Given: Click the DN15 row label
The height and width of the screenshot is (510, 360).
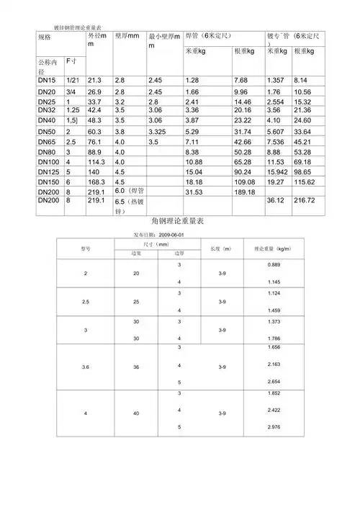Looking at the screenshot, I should pos(46,80).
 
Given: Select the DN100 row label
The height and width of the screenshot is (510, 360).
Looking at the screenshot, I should pos(48,163).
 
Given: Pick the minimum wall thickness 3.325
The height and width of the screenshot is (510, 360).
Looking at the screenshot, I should pos(159,133).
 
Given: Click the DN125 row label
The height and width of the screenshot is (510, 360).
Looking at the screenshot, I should pos(48,173).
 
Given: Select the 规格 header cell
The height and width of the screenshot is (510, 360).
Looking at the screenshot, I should pos(45,37).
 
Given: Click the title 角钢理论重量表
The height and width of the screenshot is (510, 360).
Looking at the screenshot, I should pos(179,221).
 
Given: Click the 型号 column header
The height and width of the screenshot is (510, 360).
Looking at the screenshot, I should pos(85,249).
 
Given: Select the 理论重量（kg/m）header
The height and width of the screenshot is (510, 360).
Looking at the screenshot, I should pos(271,249).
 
